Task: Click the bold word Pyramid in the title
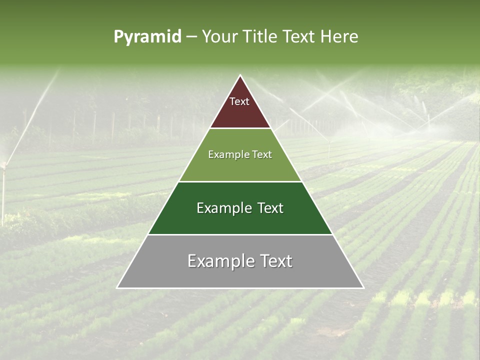pyautogui.click(x=147, y=37)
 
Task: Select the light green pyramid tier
pyautogui.click(x=240, y=167)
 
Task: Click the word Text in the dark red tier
pyautogui.click(x=239, y=101)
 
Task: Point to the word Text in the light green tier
pyautogui.click(x=262, y=155)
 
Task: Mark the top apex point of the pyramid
pyautogui.click(x=240, y=75)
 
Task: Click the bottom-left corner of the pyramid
pyautogui.click(x=117, y=288)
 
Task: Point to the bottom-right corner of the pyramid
pyautogui.click(x=363, y=288)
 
